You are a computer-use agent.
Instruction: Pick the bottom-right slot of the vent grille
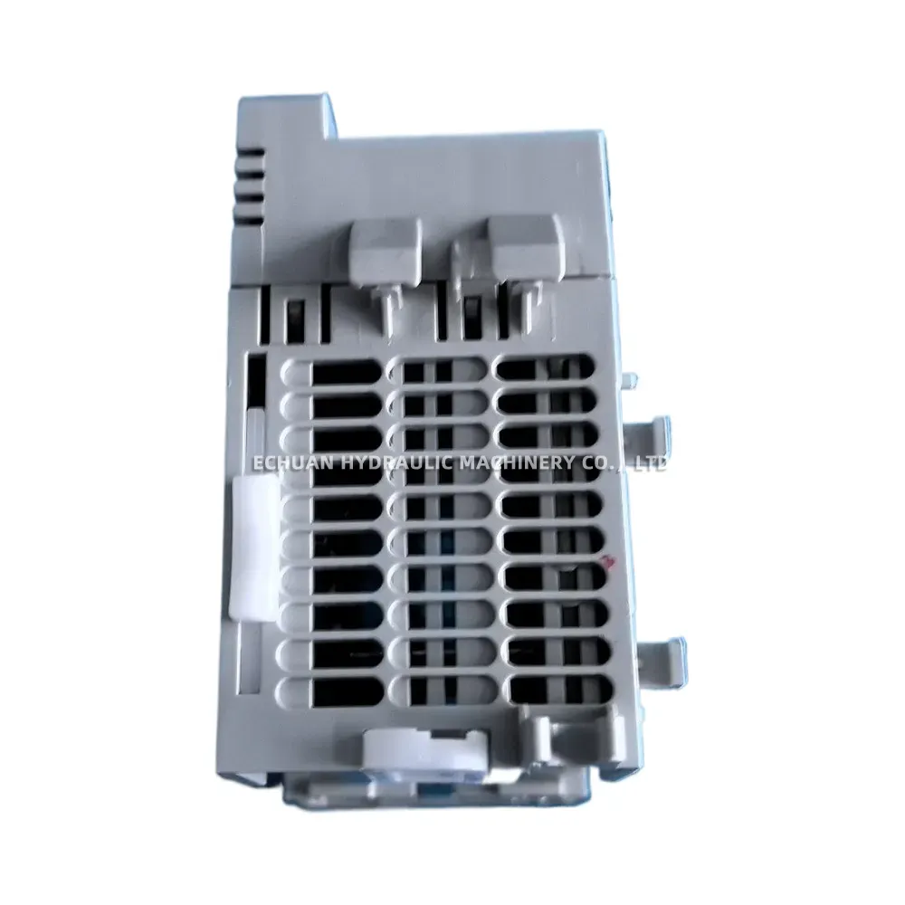point(548,690)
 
